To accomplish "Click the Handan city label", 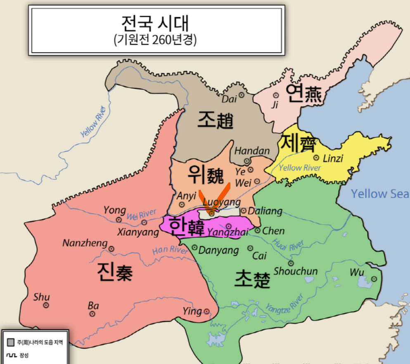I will (x=252, y=151).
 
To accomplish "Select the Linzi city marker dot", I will (x=316, y=158).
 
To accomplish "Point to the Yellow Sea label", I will (x=380, y=194).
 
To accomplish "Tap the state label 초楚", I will (x=252, y=279).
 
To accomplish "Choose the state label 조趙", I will (x=215, y=120).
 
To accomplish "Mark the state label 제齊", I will (x=299, y=144).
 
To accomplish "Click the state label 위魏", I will (x=205, y=175).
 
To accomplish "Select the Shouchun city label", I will (x=296, y=271).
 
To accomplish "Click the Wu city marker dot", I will (x=374, y=279).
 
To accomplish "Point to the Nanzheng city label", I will (x=85, y=243).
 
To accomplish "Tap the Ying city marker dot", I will (x=207, y=311).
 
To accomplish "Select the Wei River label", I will (x=141, y=215).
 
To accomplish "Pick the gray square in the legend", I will (x=11, y=342).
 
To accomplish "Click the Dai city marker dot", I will (x=242, y=95).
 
